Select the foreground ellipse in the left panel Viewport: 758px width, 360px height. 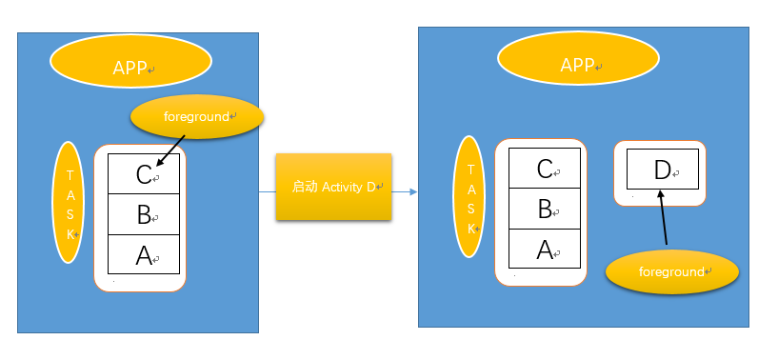pos(196,116)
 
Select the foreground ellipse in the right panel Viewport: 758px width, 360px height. pos(672,271)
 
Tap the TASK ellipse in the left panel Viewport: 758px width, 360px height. pos(70,202)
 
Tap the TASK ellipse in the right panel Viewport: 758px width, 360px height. pos(469,196)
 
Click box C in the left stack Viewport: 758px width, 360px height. pos(144,173)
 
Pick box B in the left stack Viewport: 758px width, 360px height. pos(144,213)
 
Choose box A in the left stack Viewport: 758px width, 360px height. pos(144,253)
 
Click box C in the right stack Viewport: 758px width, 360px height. pos(545,169)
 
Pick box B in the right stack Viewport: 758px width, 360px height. pos(545,208)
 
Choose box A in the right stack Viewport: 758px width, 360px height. pos(545,248)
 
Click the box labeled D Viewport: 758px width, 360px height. pos(663,170)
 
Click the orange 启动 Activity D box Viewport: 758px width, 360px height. pos(333,187)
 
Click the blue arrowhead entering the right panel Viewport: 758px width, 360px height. pos(413,191)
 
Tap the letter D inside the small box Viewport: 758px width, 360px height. pos(662,170)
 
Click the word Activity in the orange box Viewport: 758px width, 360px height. pos(343,187)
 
